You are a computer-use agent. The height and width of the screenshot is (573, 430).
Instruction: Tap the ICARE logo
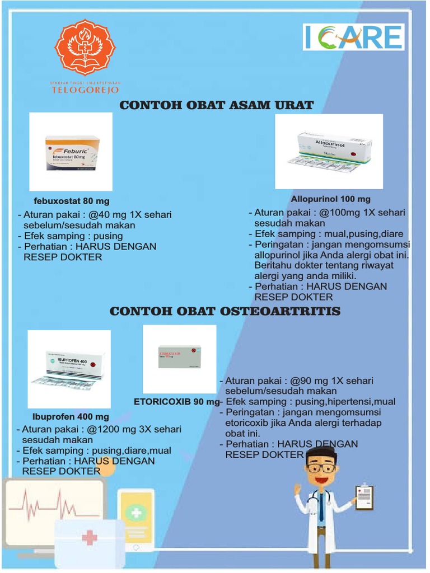pyautogui.click(x=353, y=37)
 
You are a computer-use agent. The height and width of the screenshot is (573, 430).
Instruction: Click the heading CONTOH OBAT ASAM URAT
pyautogui.click(x=217, y=105)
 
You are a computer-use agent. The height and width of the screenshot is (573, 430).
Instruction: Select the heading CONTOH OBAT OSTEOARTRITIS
pyautogui.click(x=225, y=311)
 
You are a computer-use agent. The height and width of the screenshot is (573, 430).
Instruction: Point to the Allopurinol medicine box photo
pyautogui.click(x=329, y=151)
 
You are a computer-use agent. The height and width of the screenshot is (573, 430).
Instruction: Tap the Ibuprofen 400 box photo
pyautogui.click(x=69, y=369)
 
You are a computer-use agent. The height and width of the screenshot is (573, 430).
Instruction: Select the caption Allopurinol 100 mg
pyautogui.click(x=330, y=199)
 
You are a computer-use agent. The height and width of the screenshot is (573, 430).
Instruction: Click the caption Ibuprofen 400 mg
pyautogui.click(x=71, y=417)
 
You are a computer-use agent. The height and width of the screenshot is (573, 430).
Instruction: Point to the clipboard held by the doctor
pyautogui.click(x=364, y=496)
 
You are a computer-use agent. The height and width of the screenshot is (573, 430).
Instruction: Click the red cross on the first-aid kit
pyautogui.click(x=89, y=538)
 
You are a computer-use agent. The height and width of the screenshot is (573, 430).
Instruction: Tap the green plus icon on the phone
pyautogui.click(x=135, y=513)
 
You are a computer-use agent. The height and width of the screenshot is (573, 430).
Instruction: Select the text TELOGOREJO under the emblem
pyautogui.click(x=85, y=90)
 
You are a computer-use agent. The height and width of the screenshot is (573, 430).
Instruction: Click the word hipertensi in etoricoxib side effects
pyautogui.click(x=348, y=402)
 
